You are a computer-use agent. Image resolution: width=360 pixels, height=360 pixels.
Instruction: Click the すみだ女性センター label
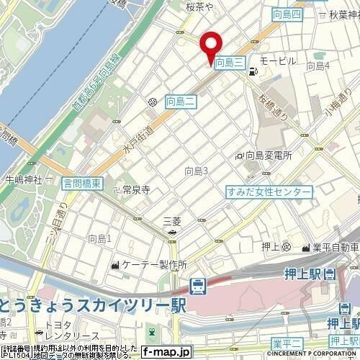[269, 192]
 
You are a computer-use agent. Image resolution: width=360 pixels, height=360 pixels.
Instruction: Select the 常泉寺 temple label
[135, 190]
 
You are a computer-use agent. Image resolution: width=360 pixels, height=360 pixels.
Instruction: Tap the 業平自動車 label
[334, 248]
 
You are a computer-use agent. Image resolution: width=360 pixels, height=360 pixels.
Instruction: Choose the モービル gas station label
[277, 61]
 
